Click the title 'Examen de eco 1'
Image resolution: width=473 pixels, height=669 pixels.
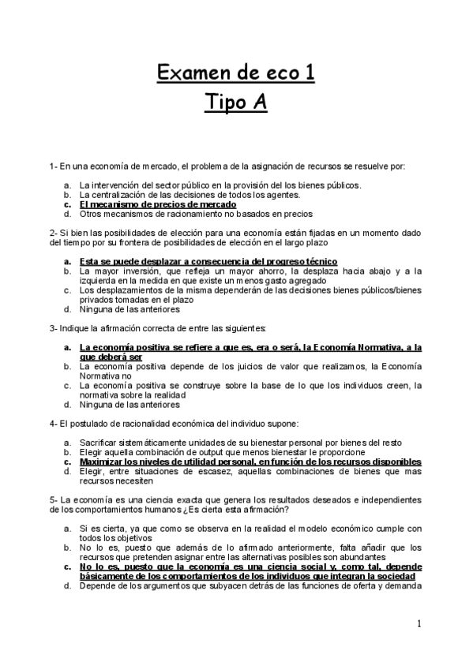[236, 74]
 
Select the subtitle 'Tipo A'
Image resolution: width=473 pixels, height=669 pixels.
[236, 104]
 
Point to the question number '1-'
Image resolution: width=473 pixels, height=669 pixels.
[53, 166]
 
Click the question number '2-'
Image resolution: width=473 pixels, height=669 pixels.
[53, 233]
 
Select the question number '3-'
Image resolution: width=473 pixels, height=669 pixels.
[53, 327]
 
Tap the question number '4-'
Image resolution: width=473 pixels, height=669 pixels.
[53, 424]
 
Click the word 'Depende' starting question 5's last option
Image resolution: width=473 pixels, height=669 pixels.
[97, 585]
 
